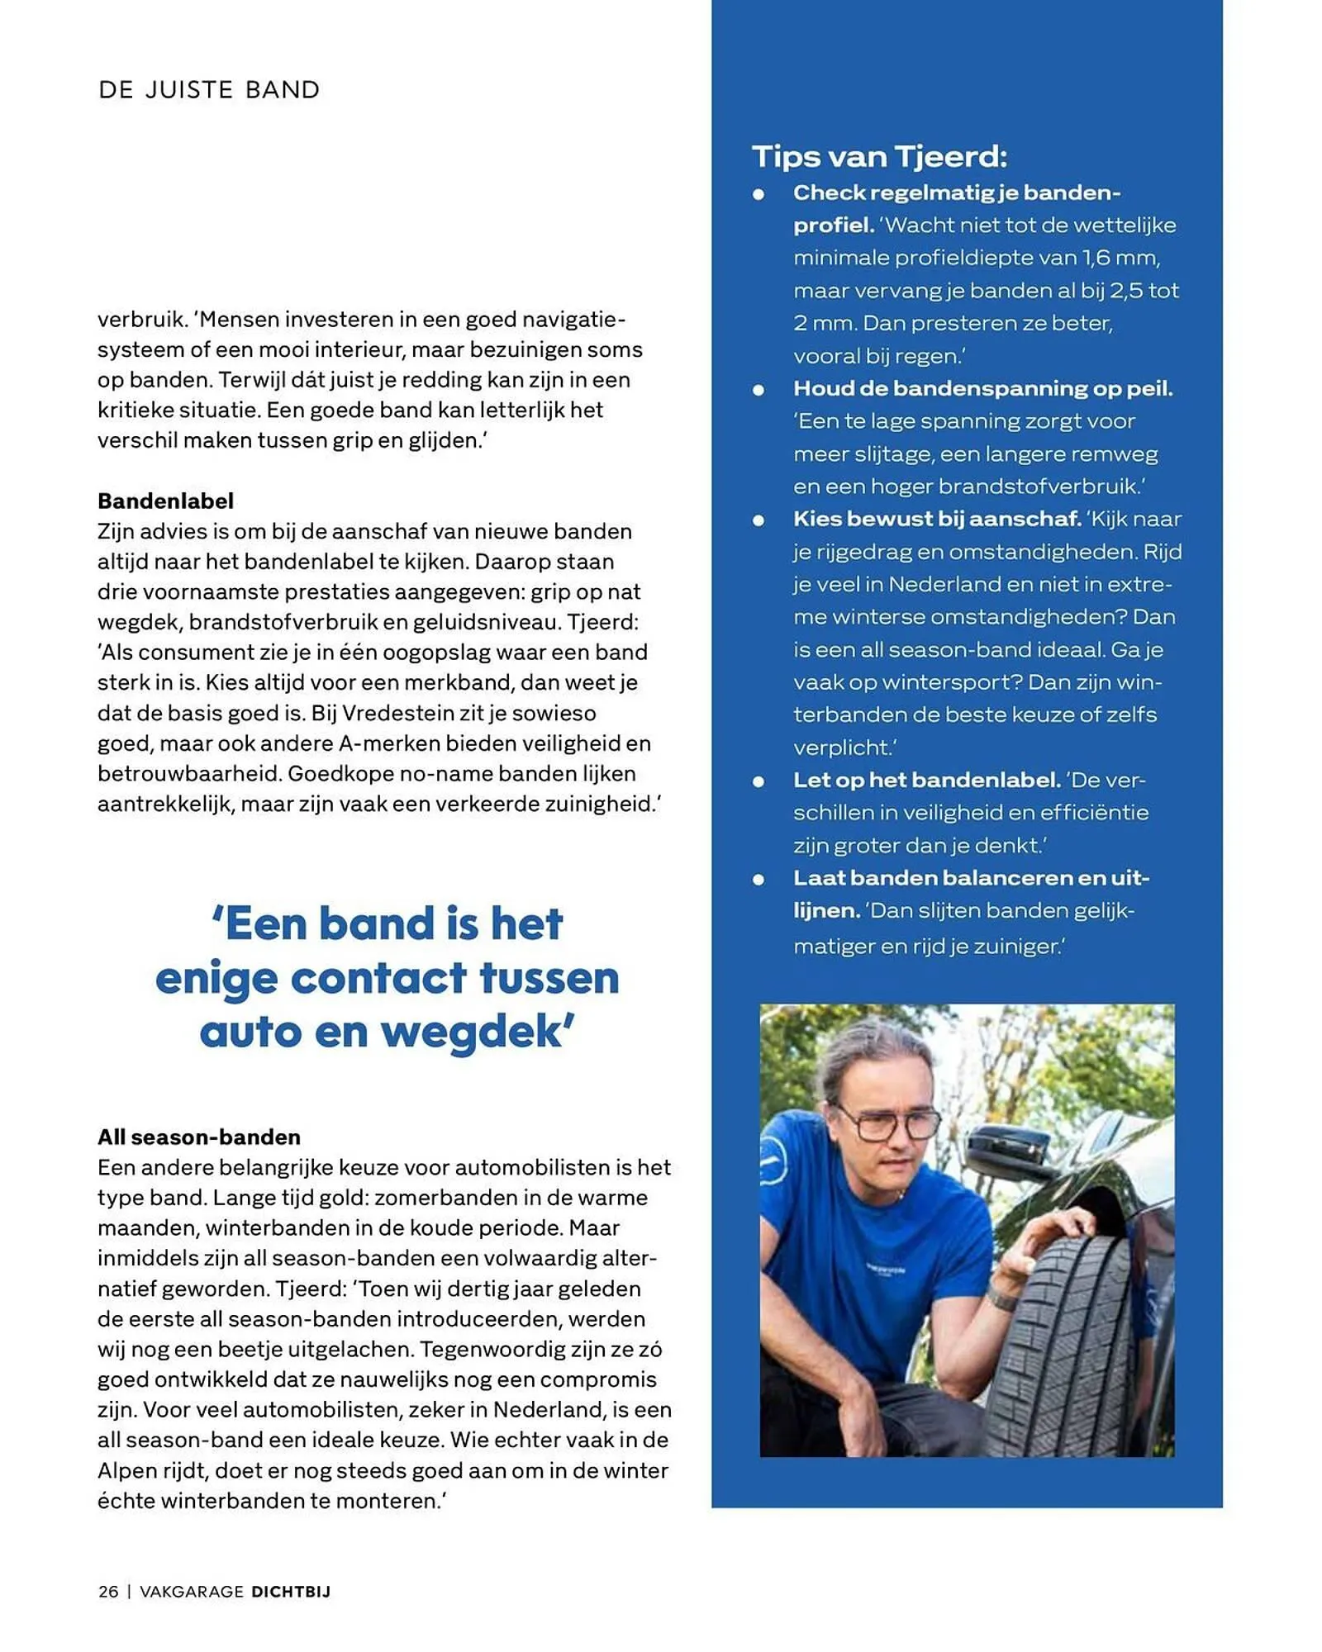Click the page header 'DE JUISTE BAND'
(x=208, y=89)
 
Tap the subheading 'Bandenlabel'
(x=165, y=501)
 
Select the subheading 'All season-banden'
(x=198, y=1137)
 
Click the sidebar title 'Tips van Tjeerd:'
(x=879, y=156)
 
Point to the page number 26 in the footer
(x=108, y=1592)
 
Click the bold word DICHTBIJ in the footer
(x=291, y=1592)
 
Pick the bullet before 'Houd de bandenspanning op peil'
(x=758, y=390)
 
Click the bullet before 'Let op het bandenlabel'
(x=758, y=781)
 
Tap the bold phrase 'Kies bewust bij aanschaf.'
(x=936, y=519)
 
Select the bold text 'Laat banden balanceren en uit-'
(x=971, y=878)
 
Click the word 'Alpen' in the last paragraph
(x=129, y=1470)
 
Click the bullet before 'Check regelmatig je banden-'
(x=758, y=195)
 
